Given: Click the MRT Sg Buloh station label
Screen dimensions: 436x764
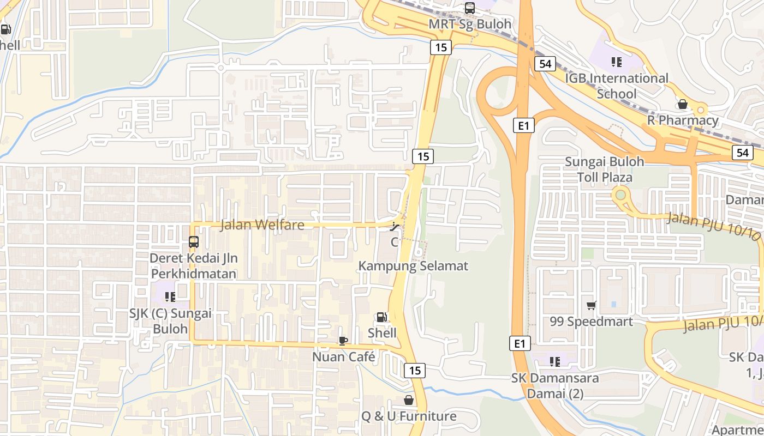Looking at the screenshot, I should click(470, 24).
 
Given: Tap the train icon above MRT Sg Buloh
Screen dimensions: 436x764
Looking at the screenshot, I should click(469, 8).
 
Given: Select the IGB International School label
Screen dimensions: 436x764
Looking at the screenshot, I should click(617, 86).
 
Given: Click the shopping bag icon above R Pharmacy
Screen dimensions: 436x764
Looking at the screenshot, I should click(682, 104).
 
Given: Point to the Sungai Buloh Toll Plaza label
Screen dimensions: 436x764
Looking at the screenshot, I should click(605, 169).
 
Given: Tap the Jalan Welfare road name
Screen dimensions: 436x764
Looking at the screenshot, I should click(262, 225).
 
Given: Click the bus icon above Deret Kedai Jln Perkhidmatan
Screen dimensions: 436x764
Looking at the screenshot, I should click(193, 241).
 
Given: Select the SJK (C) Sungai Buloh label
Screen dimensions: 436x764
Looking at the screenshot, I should click(170, 321).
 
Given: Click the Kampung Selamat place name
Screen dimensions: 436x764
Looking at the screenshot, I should click(413, 266).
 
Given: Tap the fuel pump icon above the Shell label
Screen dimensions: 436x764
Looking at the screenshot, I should click(381, 317).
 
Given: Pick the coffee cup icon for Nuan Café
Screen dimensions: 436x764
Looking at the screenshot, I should click(343, 341).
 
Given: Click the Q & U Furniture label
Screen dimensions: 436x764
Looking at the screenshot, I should click(409, 416).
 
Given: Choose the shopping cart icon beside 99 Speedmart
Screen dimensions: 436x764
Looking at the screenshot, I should click(591, 305).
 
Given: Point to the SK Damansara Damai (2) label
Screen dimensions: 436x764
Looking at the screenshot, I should click(555, 385).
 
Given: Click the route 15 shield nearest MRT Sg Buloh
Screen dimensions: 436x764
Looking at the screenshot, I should click(441, 47).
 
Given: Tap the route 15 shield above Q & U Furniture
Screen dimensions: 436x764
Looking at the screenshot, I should click(415, 371).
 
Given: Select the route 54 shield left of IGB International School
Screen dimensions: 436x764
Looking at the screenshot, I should click(545, 64).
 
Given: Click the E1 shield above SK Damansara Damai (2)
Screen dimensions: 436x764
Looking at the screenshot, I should click(520, 343).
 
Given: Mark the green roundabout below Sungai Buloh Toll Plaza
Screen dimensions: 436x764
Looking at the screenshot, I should click(620, 194).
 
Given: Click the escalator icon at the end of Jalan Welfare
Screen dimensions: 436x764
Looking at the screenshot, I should click(396, 226).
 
